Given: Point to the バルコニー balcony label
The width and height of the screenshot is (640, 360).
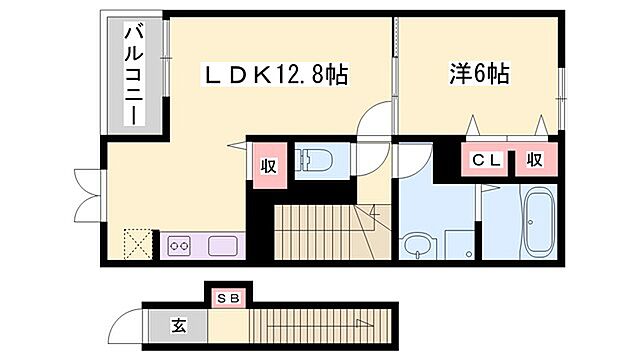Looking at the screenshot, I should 133,76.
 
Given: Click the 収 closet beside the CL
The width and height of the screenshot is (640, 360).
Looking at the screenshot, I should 535,159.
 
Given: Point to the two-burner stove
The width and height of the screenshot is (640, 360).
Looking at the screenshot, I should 180,244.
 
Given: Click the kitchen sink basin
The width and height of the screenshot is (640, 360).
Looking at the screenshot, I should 222,244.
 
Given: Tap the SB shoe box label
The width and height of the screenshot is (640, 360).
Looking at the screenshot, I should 229,297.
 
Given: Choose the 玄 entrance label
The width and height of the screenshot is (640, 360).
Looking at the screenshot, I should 176,325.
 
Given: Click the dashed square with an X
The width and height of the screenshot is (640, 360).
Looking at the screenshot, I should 135,243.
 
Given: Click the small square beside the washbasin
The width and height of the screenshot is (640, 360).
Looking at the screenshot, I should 459,243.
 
